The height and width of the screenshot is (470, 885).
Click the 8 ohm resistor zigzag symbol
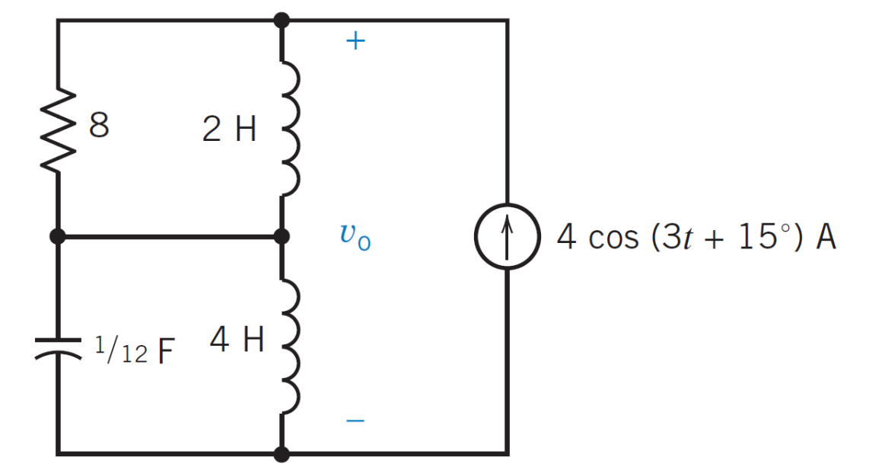point(59,128)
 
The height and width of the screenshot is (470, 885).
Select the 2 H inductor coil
point(290,127)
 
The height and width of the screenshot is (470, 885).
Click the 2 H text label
point(229,130)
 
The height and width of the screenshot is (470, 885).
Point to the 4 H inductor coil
point(290,344)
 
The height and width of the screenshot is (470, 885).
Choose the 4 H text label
point(237,341)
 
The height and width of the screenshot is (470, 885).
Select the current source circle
point(508,237)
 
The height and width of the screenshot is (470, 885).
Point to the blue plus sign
point(355,42)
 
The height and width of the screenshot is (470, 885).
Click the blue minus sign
point(355,420)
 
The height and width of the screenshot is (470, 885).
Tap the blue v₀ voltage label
point(355,237)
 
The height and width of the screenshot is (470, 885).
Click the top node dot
point(282,20)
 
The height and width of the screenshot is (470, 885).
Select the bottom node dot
point(282,454)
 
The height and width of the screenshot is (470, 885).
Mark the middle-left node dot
point(58,237)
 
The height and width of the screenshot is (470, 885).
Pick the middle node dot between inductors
point(282,237)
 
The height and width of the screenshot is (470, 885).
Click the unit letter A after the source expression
point(826,237)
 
